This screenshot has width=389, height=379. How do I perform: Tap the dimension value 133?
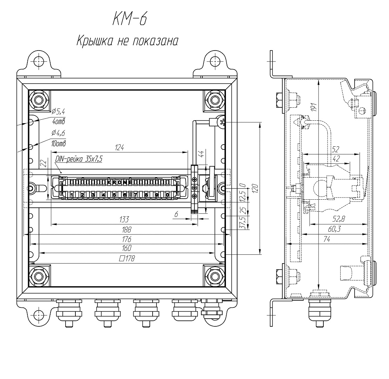tap(124, 220)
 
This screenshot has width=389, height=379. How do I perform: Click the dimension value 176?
tap(126, 239)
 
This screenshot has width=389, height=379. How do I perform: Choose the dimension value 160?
tap(126, 248)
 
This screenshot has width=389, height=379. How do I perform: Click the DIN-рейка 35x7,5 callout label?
tap(79, 159)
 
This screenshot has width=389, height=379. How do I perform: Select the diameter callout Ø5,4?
tap(58, 112)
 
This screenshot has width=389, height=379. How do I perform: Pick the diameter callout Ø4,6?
tap(58, 133)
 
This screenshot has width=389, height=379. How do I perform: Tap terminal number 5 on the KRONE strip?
tap(114, 195)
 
